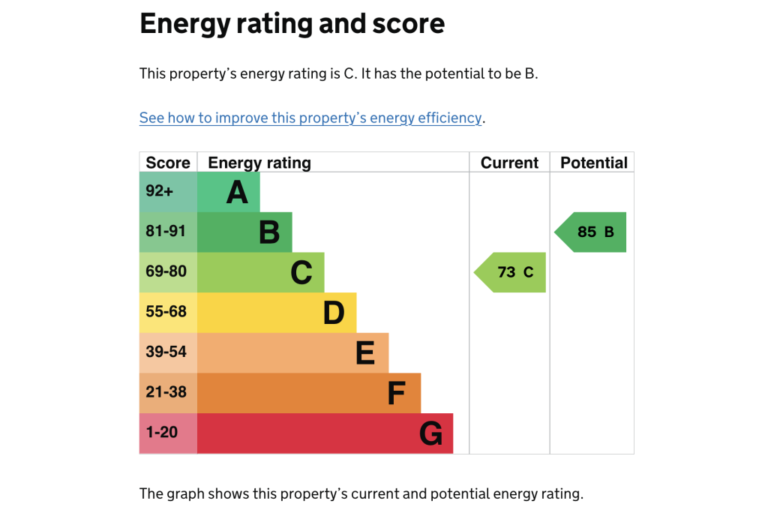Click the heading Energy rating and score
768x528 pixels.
[x=292, y=24]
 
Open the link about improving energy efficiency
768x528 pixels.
[x=310, y=118]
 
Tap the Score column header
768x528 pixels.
[x=168, y=163]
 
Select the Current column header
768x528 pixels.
[x=509, y=163]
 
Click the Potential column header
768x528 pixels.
[x=593, y=163]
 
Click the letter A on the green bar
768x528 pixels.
[x=237, y=193]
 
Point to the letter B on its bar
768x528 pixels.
[x=269, y=232]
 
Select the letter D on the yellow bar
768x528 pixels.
[x=334, y=313]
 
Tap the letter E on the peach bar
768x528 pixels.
[x=365, y=353]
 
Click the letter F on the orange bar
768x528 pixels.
[x=397, y=394]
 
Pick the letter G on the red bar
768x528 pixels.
[x=430, y=434]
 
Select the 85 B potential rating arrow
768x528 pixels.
[x=592, y=232]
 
